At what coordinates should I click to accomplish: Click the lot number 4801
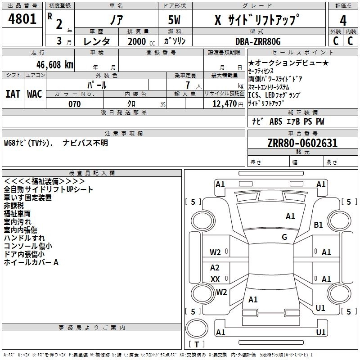(x=22, y=19)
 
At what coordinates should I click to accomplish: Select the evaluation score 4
(x=343, y=20)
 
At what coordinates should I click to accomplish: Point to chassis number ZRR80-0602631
(x=302, y=144)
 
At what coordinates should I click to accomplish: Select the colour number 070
(x=74, y=104)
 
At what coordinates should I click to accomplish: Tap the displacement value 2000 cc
(x=137, y=41)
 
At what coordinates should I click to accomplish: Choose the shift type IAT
(x=13, y=94)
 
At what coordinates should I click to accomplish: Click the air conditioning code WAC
(x=35, y=94)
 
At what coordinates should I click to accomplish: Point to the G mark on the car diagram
(x=284, y=237)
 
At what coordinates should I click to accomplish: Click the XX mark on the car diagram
(x=215, y=279)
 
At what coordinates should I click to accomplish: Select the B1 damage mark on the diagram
(x=319, y=225)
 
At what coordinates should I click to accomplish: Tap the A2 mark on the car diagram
(x=215, y=268)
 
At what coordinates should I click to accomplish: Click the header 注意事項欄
(x=124, y=133)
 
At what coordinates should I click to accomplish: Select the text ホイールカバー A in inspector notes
(x=31, y=262)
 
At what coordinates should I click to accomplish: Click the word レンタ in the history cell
(x=97, y=41)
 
